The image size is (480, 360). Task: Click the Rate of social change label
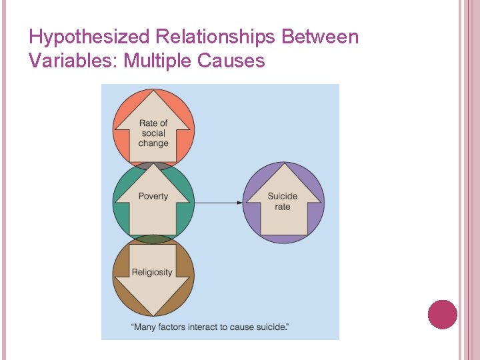(x=153, y=133)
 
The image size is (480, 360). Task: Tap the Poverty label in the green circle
(x=153, y=196)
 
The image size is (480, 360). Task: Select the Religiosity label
(x=152, y=272)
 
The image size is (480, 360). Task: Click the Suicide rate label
(x=283, y=201)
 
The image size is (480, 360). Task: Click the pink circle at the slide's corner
(x=442, y=314)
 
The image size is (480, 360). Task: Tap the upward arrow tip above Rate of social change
(x=153, y=93)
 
